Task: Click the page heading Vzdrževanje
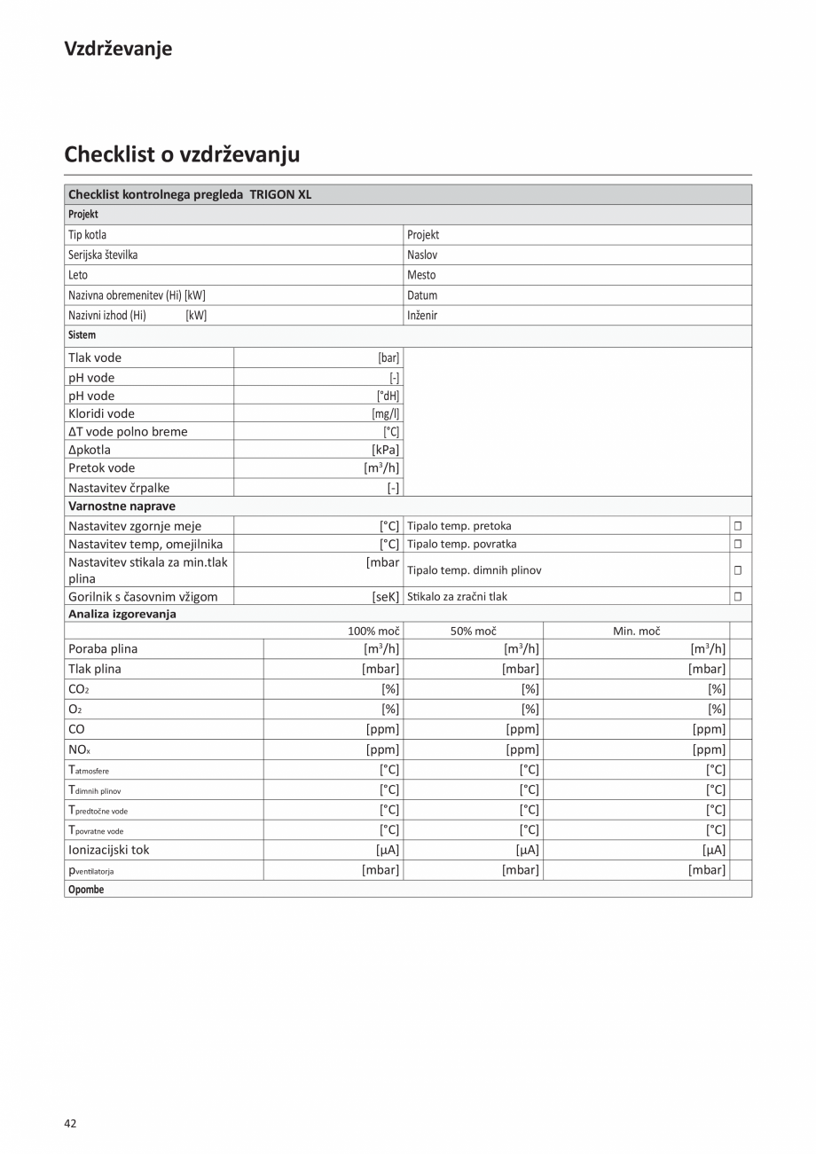pyautogui.click(x=118, y=49)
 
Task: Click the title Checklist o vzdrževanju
pyautogui.click(x=182, y=154)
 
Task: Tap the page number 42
pyautogui.click(x=70, y=1123)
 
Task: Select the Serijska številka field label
pyautogui.click(x=103, y=255)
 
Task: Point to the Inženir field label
pyautogui.click(x=422, y=315)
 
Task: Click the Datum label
pyautogui.click(x=422, y=295)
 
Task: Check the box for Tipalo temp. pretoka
pyautogui.click(x=737, y=526)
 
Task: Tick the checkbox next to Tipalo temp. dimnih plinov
pyautogui.click(x=737, y=570)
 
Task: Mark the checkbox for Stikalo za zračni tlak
pyautogui.click(x=737, y=597)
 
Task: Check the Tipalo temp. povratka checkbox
pyautogui.click(x=737, y=544)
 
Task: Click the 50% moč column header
pyautogui.click(x=473, y=631)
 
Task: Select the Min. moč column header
pyautogui.click(x=636, y=631)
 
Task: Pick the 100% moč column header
pyautogui.click(x=373, y=631)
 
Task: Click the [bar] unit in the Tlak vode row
pyautogui.click(x=388, y=357)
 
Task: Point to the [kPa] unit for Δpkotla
pyautogui.click(x=386, y=450)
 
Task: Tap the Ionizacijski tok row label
pyautogui.click(x=109, y=850)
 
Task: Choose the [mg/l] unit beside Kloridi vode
pyautogui.click(x=386, y=413)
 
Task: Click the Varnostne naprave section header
pyautogui.click(x=122, y=506)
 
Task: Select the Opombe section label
pyautogui.click(x=86, y=890)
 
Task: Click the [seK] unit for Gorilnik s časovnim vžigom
pyautogui.click(x=386, y=597)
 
